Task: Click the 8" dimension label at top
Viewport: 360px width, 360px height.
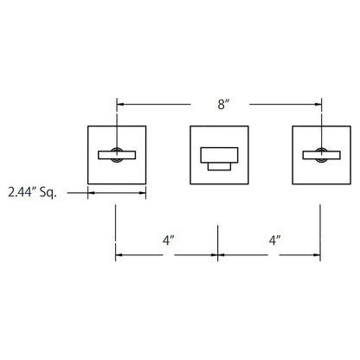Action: (223, 104)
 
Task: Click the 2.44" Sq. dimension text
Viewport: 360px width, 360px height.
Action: (32, 192)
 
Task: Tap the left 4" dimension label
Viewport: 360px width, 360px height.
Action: (169, 241)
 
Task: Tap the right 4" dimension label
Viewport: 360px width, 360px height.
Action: (274, 241)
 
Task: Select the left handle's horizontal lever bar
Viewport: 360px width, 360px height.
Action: (117, 155)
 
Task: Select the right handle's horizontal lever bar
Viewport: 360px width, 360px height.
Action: (321, 155)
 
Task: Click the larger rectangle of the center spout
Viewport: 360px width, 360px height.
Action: (219, 155)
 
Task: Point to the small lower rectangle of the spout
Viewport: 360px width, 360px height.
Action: (219, 166)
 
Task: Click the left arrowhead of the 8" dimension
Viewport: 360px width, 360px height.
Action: (120, 104)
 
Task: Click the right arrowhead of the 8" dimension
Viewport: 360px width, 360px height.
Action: (318, 104)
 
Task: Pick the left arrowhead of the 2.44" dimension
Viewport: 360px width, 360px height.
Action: (92, 193)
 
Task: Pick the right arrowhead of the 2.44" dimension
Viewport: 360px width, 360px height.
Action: (143, 193)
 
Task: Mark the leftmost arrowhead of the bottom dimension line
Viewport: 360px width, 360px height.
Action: (119, 255)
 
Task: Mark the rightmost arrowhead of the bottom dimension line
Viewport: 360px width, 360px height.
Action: (317, 255)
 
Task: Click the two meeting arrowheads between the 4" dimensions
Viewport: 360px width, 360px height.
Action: (218, 255)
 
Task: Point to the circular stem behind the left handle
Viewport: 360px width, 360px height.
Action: (117, 155)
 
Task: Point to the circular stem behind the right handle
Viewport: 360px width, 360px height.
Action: (321, 155)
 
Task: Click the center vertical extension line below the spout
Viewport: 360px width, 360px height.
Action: (218, 243)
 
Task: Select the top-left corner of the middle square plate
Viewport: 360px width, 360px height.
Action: (190, 126)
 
